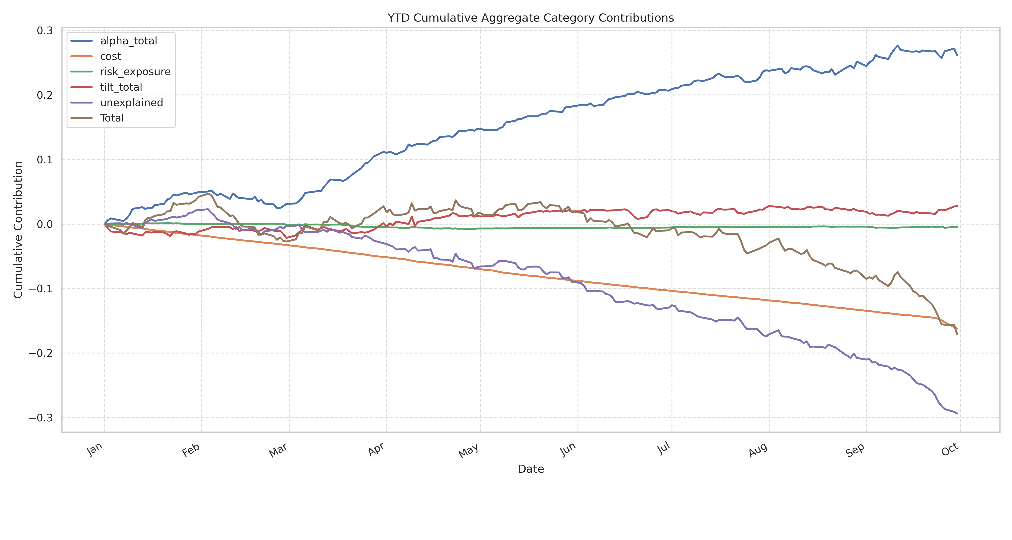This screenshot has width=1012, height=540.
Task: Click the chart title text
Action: pyautogui.click(x=530, y=18)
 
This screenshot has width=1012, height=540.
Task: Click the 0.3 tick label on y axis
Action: pyautogui.click(x=45, y=31)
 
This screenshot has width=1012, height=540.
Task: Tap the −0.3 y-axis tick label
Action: pyautogui.click(x=41, y=418)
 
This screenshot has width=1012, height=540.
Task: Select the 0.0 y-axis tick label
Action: pyautogui.click(x=45, y=224)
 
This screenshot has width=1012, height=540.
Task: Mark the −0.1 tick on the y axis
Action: pyautogui.click(x=41, y=289)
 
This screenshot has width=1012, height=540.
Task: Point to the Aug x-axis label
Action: pyautogui.click(x=758, y=450)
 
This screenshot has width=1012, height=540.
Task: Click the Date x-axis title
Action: pyautogui.click(x=531, y=469)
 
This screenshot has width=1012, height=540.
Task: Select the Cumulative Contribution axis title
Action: pyautogui.click(x=18, y=230)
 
